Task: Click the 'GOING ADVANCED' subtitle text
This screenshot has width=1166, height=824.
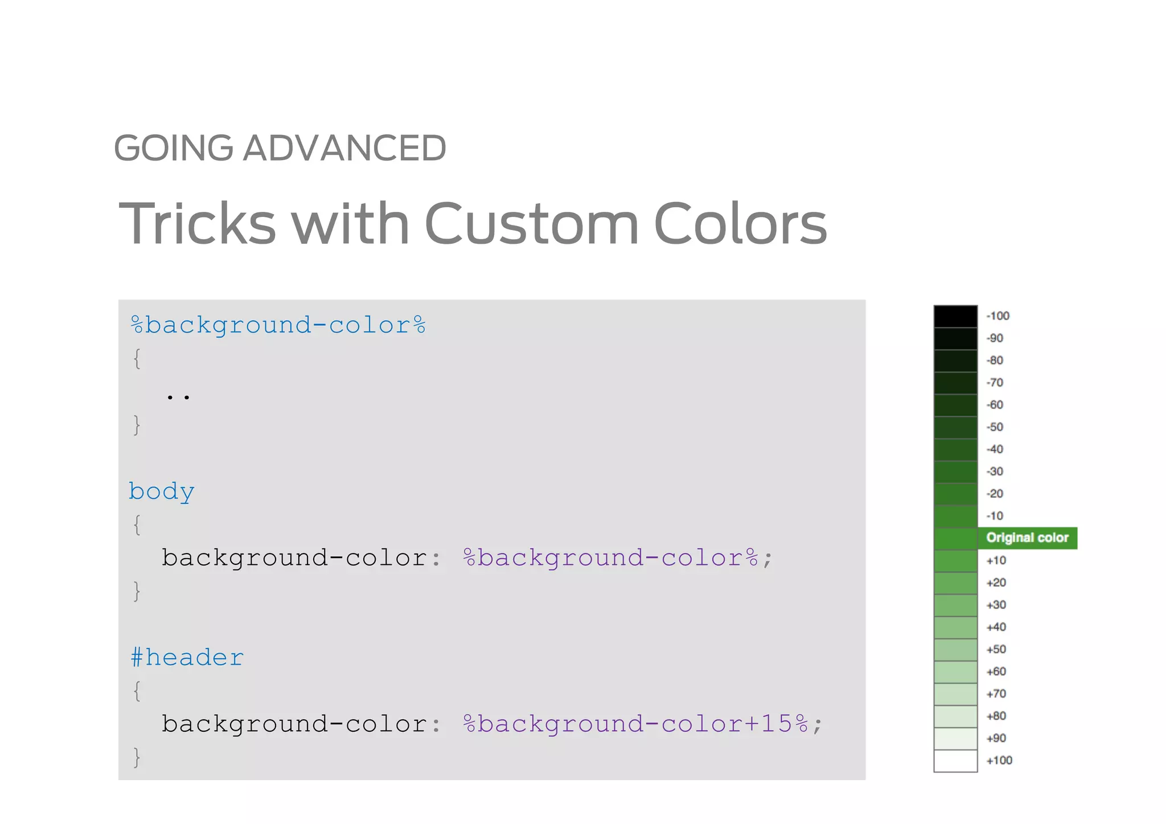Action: pyautogui.click(x=280, y=148)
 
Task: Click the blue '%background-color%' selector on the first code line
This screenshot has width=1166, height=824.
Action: pyautogui.click(x=278, y=325)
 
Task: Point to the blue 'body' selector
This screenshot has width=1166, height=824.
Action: pyautogui.click(x=162, y=491)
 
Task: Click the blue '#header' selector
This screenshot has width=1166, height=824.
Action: pyautogui.click(x=187, y=658)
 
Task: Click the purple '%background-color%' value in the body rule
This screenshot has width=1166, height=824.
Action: pyautogui.click(x=611, y=557)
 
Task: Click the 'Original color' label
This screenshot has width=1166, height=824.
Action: pyautogui.click(x=1027, y=538)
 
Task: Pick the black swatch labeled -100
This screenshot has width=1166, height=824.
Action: pyautogui.click(x=955, y=316)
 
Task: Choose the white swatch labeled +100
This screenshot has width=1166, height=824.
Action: pyautogui.click(x=955, y=761)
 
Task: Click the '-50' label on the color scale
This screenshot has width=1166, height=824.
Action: pyautogui.click(x=995, y=427)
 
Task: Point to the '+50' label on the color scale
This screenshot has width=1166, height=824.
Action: pyautogui.click(x=996, y=649)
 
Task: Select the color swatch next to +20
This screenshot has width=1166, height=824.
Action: pyautogui.click(x=955, y=583)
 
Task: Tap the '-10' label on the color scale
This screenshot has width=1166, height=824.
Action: pyautogui.click(x=995, y=516)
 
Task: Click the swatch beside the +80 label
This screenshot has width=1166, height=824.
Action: pyautogui.click(x=955, y=716)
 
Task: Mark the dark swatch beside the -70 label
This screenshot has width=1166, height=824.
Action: pyautogui.click(x=955, y=383)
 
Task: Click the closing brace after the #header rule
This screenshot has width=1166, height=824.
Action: pyautogui.click(x=137, y=757)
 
